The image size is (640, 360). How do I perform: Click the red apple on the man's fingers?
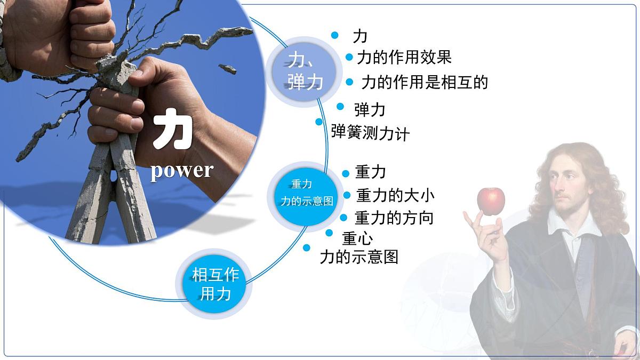coord(490,201)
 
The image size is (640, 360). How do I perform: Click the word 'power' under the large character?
coord(181,170)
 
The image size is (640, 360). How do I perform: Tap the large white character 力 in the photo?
coord(172,130)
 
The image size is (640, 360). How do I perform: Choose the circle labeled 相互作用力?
coord(215,284)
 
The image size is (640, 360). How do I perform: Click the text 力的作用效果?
coord(404,57)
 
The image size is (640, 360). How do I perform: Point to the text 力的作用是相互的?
coord(424,82)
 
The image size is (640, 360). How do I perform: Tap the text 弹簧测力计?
coord(370,133)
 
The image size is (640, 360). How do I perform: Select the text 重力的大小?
coord(395,195)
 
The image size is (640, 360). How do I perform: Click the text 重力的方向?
coord(394,218)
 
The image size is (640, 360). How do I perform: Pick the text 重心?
coord(357,237)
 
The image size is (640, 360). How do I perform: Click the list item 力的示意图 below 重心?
coord(359,257)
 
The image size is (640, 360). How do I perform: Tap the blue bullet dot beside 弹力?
coord(340,106)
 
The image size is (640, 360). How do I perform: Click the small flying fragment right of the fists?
coord(227,68)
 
